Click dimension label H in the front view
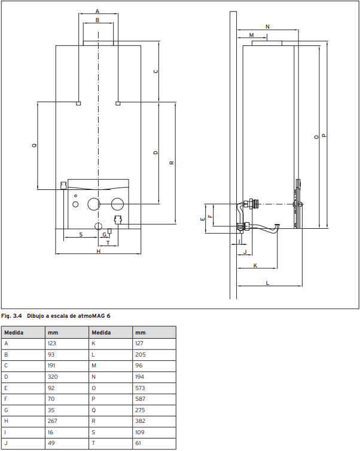[99, 251]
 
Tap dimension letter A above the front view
[97, 11]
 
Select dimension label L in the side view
[267, 283]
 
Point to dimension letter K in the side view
[255, 266]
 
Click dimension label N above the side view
[267, 27]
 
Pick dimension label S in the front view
[81, 235]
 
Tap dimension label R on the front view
[172, 163]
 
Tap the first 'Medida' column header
[14, 333]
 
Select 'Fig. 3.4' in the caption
[11, 316]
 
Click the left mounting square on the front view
[78, 103]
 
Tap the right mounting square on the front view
[118, 103]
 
